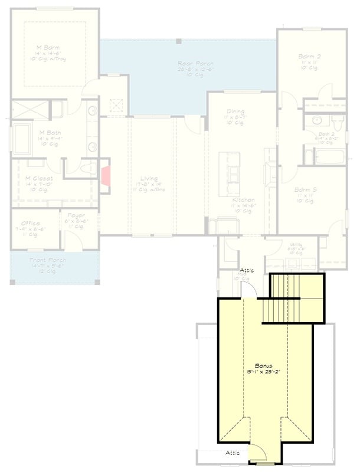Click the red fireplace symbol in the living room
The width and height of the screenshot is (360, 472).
point(106,176)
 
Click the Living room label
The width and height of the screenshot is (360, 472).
point(149,178)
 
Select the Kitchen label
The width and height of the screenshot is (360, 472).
point(243,200)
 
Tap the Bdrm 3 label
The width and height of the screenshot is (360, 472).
point(306,189)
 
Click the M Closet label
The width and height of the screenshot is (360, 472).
point(39,178)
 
